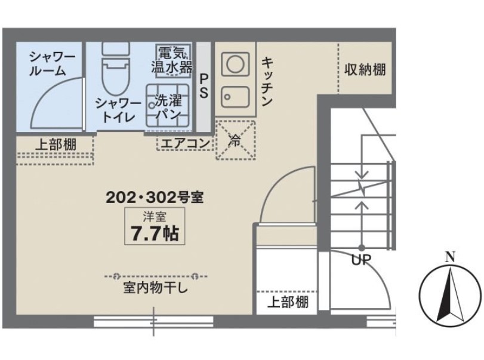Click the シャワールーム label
point(53,64)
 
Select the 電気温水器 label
point(171,60)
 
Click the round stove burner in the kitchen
point(233,63)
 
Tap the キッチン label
point(267,81)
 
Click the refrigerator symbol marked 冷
point(235,141)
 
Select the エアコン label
point(184,143)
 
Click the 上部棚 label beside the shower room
point(54,144)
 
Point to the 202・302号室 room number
point(155,196)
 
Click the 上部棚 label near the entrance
point(287,301)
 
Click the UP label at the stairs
point(360,260)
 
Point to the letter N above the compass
point(450,258)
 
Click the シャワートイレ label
point(118,110)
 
